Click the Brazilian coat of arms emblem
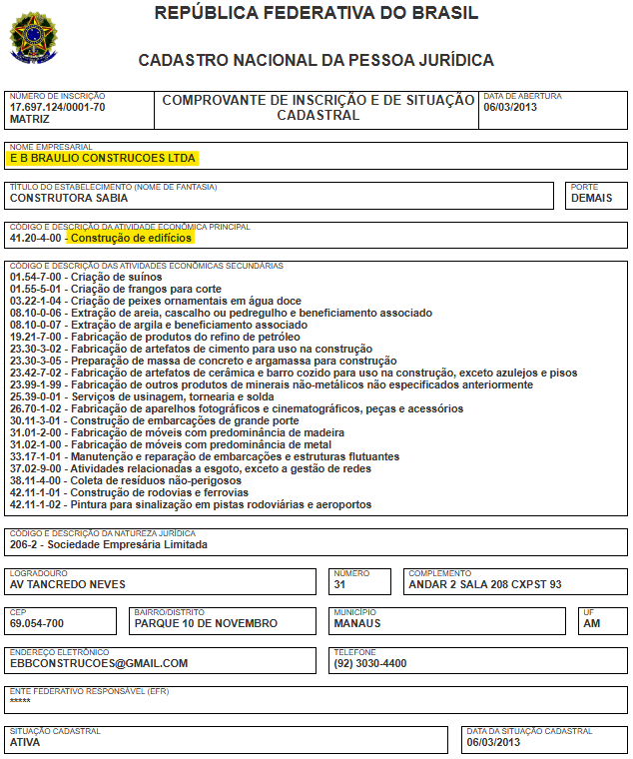[34, 36]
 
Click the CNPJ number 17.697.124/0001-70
[57, 107]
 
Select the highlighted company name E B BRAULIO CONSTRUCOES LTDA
[103, 158]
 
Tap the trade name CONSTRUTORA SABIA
[69, 198]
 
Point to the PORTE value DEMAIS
[592, 198]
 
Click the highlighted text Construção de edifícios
[131, 238]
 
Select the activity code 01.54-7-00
[36, 277]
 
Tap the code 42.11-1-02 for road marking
[36, 504]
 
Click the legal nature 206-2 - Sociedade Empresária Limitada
[108, 545]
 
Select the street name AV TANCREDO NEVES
[68, 584]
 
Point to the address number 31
[339, 584]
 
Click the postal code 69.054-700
[37, 624]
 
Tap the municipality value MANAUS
[357, 624]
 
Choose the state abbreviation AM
[591, 624]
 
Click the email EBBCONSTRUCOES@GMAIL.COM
[99, 663]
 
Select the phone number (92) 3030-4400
[369, 663]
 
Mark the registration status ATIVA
[27, 742]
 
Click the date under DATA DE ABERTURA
[510, 107]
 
